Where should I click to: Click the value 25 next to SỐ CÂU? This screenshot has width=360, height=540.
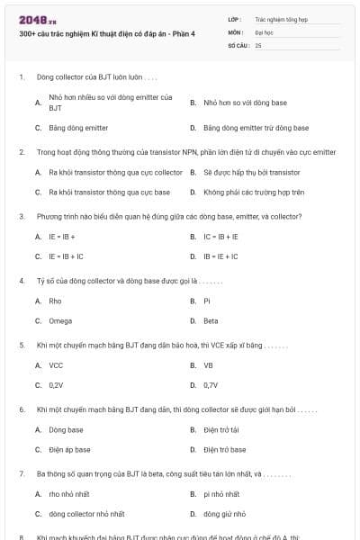(x=258, y=45)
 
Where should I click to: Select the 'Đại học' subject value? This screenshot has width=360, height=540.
(x=264, y=31)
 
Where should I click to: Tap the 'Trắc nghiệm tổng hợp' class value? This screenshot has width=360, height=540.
(x=279, y=18)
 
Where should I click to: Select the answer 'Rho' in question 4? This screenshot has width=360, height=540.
(x=55, y=301)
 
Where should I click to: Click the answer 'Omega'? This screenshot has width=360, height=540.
(x=59, y=320)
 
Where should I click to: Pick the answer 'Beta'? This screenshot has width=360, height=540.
(x=211, y=320)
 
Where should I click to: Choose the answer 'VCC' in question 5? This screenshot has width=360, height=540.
(x=56, y=365)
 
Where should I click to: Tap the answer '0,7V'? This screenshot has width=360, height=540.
(x=211, y=385)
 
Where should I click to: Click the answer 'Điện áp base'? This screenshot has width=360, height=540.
(x=69, y=449)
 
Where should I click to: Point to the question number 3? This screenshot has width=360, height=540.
(x=21, y=216)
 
